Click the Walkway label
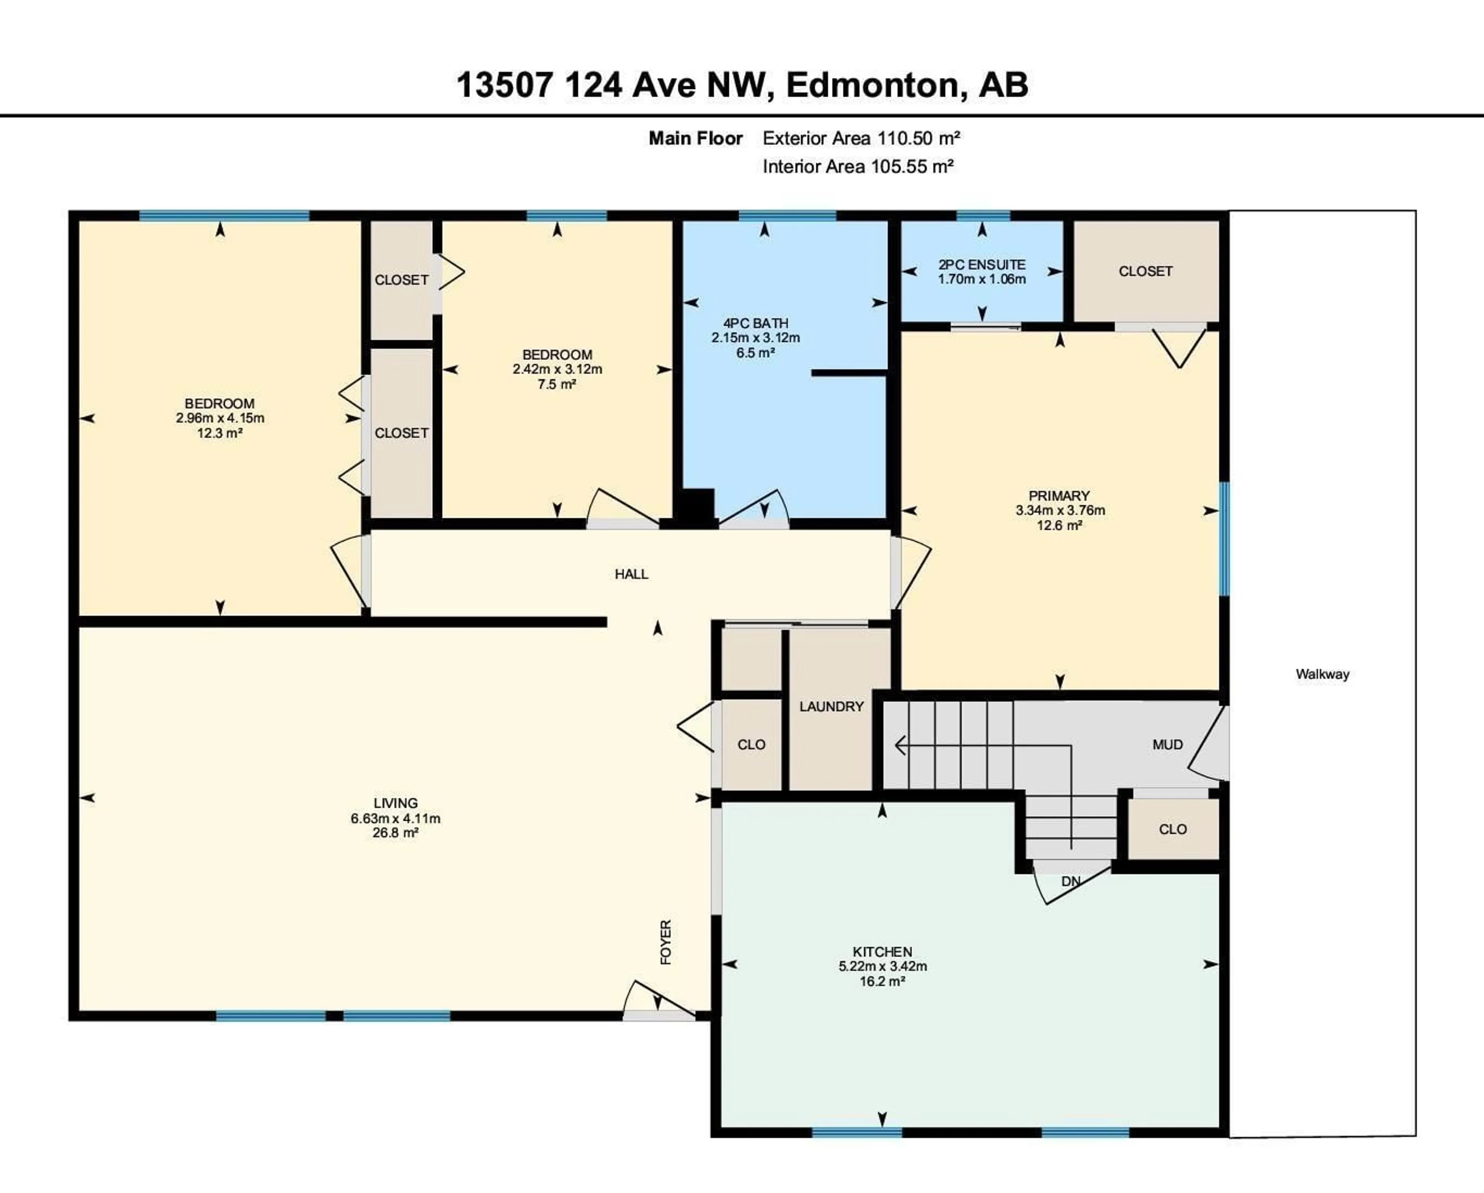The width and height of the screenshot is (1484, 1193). tap(1322, 674)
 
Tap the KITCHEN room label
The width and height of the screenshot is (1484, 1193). tap(882, 952)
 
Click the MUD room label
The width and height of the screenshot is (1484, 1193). tap(1167, 745)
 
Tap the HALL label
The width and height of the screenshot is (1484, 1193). tap(631, 574)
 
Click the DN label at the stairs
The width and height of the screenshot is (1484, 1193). tap(1070, 881)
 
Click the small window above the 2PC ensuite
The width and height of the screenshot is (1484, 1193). tap(983, 216)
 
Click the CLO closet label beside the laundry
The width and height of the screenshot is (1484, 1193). tap(751, 745)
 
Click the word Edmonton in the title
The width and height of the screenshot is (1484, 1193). tap(871, 85)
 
